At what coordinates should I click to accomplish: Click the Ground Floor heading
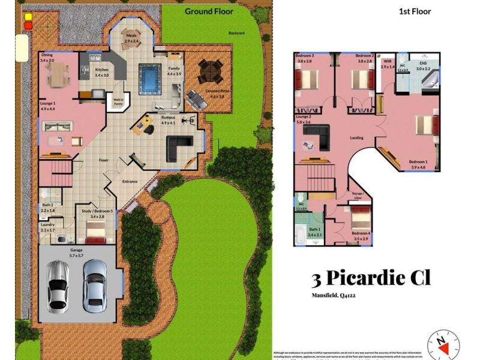209,11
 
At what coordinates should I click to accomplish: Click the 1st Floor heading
415,11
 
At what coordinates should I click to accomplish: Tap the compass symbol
443,344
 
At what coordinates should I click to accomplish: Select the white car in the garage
59,286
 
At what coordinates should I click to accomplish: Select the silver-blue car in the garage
95,284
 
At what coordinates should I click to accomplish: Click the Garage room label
76,250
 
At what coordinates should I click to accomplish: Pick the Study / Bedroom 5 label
97,210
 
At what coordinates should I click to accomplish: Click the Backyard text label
236,34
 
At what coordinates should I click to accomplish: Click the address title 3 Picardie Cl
371,278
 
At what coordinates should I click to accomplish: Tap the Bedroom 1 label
418,162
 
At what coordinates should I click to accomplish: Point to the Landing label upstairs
357,138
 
